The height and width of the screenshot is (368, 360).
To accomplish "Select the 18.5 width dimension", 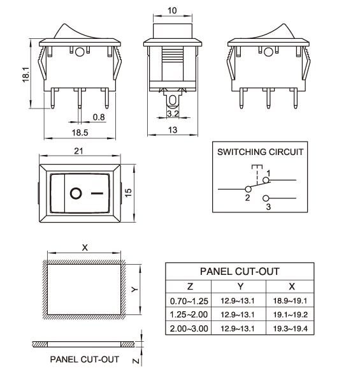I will point(80,132).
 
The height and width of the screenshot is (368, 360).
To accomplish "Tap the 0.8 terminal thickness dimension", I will point(99,117).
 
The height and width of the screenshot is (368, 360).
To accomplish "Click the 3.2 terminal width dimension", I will point(172,114).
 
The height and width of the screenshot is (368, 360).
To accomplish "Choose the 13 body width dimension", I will point(172,130).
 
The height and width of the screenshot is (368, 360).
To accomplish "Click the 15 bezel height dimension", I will point(129,193).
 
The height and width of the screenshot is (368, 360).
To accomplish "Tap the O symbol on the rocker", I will point(76,193).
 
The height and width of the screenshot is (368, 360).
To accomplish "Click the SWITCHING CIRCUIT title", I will point(260,152).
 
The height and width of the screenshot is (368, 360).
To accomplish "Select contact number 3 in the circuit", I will point(268,207).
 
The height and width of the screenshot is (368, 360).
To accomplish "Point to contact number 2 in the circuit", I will point(247,198).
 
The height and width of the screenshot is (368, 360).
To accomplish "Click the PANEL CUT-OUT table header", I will point(240,271).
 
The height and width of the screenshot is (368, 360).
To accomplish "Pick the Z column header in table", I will point(190,286).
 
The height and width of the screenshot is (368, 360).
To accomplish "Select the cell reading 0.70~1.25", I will point(190,300).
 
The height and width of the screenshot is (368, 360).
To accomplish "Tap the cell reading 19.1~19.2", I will point(291,314).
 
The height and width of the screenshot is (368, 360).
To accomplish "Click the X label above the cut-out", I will point(85,247).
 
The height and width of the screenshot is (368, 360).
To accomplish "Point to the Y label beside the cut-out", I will point(134,288).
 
